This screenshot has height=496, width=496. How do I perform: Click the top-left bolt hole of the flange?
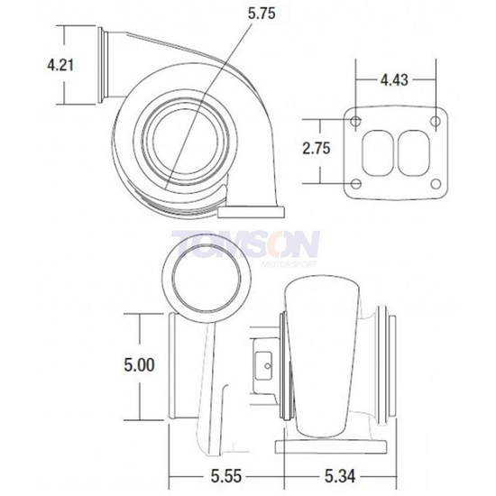[x=356, y=123]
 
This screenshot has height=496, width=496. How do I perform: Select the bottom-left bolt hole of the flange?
[x=356, y=185]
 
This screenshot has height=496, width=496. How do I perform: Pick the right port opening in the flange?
[x=414, y=152]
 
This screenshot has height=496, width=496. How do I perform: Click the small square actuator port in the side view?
[x=267, y=364]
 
